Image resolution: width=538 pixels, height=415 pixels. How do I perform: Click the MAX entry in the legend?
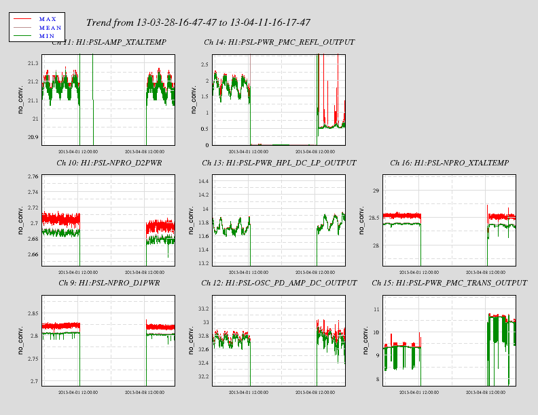(x=48, y=19)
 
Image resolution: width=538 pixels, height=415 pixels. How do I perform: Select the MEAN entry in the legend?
(x=50, y=27)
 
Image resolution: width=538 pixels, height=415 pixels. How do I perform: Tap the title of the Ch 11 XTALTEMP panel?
(x=109, y=43)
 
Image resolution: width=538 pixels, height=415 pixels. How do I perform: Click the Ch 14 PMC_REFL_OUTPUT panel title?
(x=279, y=43)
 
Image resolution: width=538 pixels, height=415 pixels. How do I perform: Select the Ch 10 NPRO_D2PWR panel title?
(x=109, y=163)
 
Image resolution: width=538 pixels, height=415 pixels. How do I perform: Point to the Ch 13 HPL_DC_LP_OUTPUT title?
(x=279, y=163)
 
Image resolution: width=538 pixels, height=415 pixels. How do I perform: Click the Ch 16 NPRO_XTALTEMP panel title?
(x=449, y=163)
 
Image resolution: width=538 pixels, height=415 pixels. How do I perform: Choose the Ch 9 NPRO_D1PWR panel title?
(x=109, y=283)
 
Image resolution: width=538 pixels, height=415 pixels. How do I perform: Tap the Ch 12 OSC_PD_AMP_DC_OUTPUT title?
(x=279, y=283)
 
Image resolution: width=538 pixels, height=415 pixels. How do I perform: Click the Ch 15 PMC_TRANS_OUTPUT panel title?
(x=449, y=283)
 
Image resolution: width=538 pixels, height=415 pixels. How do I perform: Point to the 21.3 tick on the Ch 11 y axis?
(x=32, y=63)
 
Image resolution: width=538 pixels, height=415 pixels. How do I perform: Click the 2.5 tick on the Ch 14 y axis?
(x=203, y=65)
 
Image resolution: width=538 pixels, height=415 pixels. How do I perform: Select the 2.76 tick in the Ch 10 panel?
(x=31, y=177)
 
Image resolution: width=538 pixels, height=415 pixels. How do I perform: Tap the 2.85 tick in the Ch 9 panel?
(x=31, y=313)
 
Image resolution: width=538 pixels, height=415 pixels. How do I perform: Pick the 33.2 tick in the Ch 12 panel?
(x=202, y=309)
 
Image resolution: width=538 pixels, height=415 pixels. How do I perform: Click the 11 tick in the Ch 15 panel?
(x=375, y=309)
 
